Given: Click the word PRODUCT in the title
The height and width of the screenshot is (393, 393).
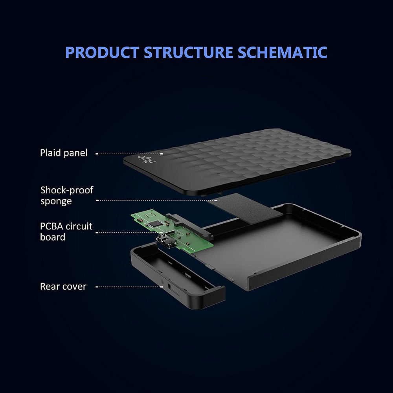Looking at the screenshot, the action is [x=102, y=52].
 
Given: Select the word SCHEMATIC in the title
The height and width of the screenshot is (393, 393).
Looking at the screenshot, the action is [x=282, y=52].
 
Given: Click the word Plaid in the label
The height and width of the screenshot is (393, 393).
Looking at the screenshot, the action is [x=50, y=153].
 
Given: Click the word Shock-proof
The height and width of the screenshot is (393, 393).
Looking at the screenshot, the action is [x=67, y=190].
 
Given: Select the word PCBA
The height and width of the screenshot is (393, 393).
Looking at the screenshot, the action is [x=51, y=226].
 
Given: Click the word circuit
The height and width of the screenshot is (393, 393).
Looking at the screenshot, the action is [x=79, y=226].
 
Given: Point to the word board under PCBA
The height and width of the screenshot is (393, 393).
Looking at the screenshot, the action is [x=53, y=237].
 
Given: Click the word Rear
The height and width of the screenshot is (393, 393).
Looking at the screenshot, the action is [x=50, y=286].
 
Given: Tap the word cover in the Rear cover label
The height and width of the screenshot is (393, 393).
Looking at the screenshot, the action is [x=74, y=287].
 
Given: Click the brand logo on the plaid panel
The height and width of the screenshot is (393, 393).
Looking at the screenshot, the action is [x=147, y=159].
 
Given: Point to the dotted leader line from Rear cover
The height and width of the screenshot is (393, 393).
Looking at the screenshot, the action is [x=129, y=287].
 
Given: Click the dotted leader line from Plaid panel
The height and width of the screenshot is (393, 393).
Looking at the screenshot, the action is [x=129, y=154].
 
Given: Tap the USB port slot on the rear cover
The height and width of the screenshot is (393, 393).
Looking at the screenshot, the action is [x=170, y=288].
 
